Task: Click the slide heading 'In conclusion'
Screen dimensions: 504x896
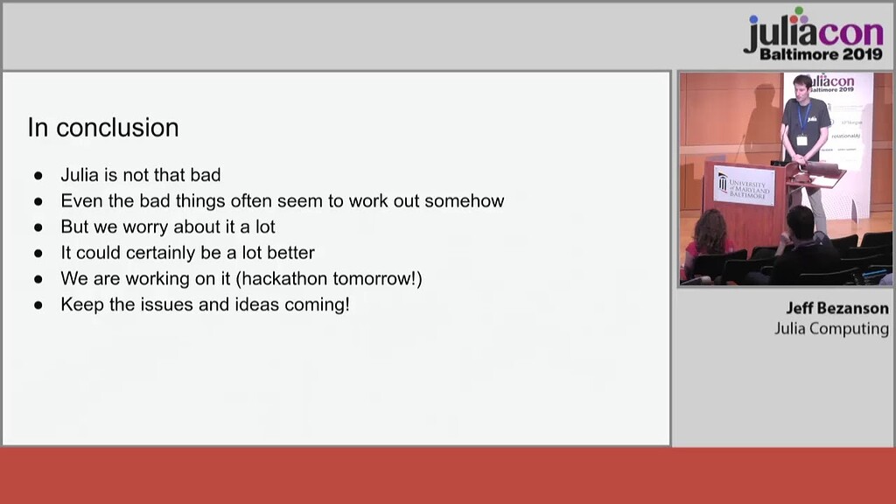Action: tap(103, 128)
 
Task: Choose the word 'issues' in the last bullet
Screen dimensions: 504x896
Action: tap(158, 305)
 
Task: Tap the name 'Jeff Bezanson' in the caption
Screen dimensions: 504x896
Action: tap(836, 308)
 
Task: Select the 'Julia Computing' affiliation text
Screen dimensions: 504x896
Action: tap(831, 329)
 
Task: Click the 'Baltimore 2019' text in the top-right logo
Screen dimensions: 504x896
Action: tap(822, 54)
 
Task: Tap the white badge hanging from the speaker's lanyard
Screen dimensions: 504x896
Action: tap(801, 139)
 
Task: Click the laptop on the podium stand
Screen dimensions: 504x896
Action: tap(821, 169)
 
